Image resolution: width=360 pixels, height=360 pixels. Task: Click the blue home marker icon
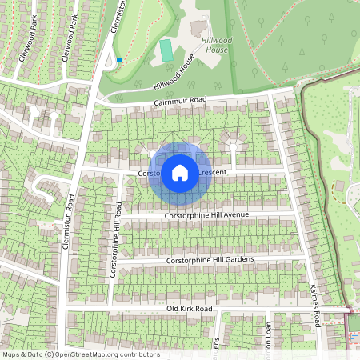(180, 172)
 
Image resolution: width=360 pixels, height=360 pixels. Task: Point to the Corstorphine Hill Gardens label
(210, 260)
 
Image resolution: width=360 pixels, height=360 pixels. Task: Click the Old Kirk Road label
(189, 308)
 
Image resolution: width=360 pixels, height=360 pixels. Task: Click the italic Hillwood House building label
(214, 45)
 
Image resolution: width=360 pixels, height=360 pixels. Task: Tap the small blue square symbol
(119, 59)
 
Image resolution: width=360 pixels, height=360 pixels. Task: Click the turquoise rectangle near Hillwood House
(166, 50)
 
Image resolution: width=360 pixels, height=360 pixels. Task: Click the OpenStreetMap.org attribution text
(101, 354)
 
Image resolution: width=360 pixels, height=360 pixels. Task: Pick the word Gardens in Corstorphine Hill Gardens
(236, 259)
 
